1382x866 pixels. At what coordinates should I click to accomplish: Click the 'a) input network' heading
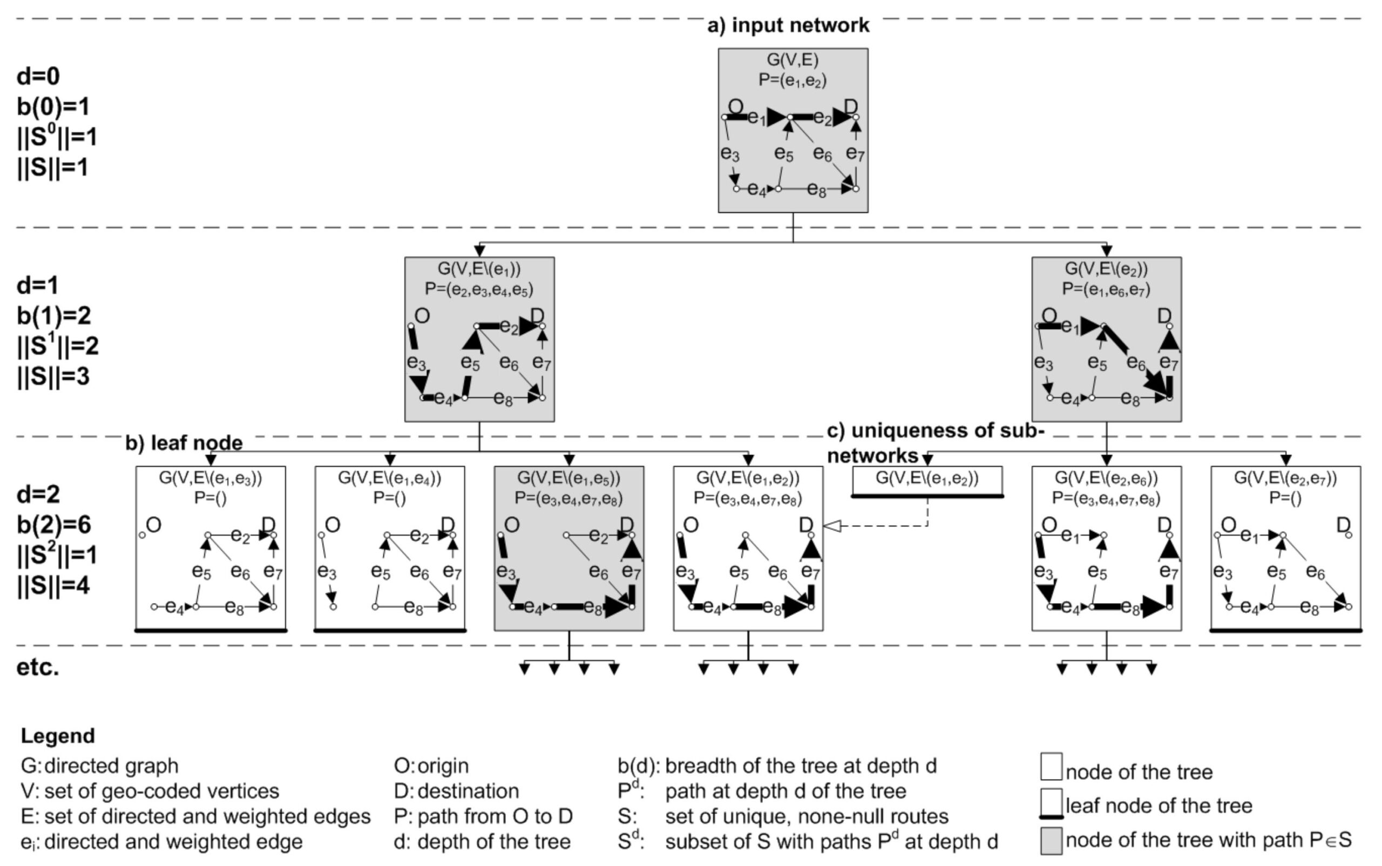[x=788, y=25]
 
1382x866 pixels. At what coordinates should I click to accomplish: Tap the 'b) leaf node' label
[x=184, y=443]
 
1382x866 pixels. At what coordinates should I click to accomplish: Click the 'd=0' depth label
[x=38, y=76]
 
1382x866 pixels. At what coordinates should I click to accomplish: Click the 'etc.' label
[x=38, y=667]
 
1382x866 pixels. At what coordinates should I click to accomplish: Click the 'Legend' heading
[x=58, y=735]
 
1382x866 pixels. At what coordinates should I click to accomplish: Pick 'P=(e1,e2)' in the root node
[x=792, y=80]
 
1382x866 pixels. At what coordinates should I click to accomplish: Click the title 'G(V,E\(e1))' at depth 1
[x=479, y=269]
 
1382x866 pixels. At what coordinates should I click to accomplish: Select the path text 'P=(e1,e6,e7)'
[x=1106, y=289]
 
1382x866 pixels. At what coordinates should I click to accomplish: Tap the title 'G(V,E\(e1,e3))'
[x=210, y=478]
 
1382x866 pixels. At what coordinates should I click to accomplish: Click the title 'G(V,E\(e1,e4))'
[x=389, y=478]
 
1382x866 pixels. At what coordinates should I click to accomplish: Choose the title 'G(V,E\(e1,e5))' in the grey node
[x=568, y=478]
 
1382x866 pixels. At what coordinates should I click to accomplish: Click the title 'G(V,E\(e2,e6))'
[x=1106, y=478]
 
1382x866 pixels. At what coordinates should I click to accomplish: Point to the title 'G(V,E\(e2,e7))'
[x=1285, y=478]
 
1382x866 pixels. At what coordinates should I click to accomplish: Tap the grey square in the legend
[x=1051, y=840]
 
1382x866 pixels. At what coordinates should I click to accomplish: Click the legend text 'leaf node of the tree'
[x=1158, y=806]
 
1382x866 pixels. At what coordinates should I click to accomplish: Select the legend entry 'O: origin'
[x=431, y=766]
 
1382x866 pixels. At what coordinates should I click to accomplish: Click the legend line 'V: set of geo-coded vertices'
[x=150, y=791]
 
